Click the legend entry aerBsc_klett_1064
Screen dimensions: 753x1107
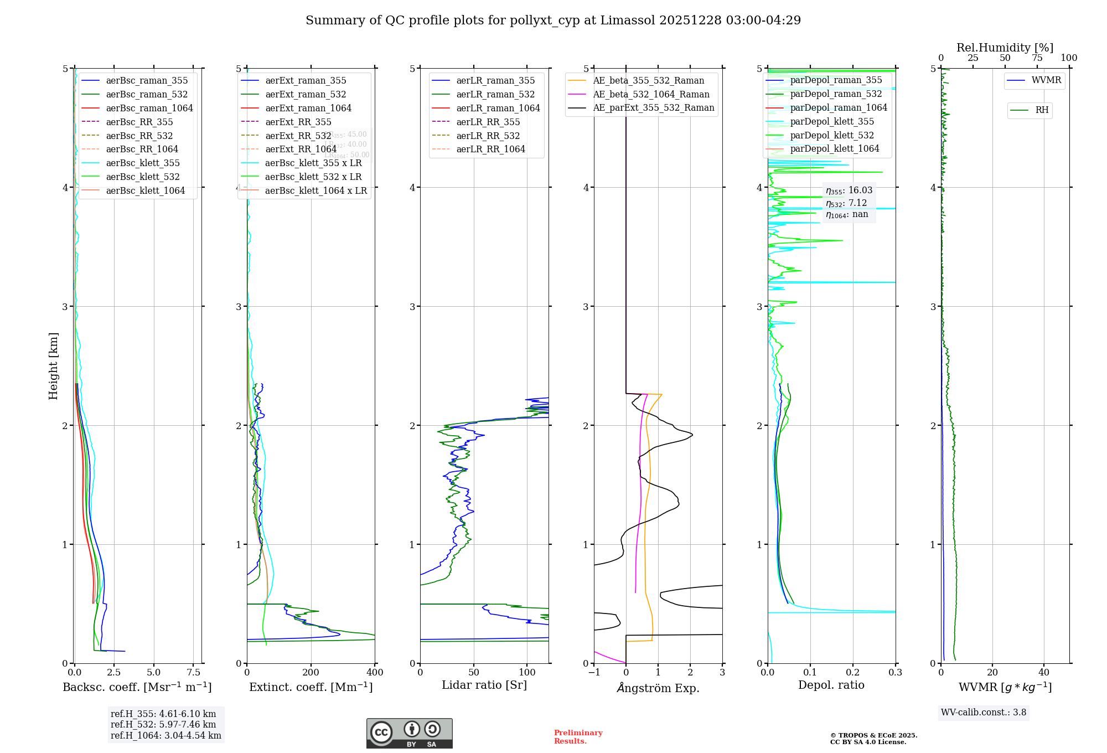tap(146, 190)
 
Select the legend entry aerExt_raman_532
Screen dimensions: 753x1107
tap(306, 94)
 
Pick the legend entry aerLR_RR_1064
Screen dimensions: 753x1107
tap(490, 149)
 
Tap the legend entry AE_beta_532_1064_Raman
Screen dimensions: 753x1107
tap(651, 94)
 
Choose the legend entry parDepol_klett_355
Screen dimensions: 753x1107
tap(832, 121)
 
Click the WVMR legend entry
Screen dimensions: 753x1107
tap(1046, 80)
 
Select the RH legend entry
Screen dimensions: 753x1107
tap(1042, 110)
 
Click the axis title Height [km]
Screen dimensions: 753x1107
tap(53, 365)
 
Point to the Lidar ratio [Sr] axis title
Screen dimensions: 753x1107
tap(484, 685)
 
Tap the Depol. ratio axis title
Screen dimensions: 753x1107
tap(831, 685)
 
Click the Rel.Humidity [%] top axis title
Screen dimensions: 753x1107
tap(1005, 48)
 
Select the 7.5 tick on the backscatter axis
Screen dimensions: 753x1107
tap(193, 673)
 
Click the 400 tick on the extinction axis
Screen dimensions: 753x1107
tap(375, 673)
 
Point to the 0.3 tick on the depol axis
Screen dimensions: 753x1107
tap(895, 673)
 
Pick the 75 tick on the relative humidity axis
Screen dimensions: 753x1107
tap(1037, 58)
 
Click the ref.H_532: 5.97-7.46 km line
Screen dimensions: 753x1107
tap(163, 724)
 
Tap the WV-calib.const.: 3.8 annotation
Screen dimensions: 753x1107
tap(984, 713)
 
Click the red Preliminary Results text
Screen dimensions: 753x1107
tap(578, 737)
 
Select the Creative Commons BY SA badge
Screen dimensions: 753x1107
tap(409, 733)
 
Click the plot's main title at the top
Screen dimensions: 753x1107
tap(553, 20)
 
